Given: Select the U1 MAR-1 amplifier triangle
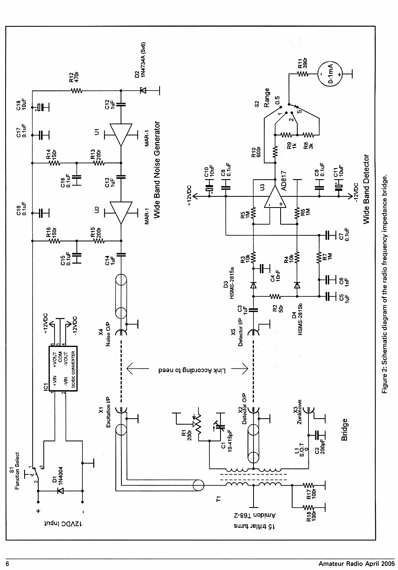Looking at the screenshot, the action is click(121, 135).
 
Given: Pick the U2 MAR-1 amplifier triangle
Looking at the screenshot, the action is click(121, 213).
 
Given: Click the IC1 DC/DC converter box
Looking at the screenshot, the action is click(63, 368).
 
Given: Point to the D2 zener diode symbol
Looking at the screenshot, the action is click(143, 90).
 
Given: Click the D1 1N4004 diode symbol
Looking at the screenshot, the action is click(61, 491).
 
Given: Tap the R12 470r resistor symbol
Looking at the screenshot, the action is click(76, 90).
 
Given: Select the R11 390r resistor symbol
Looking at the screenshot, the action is click(303, 74).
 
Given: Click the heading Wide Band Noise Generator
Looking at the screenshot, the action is click(158, 170).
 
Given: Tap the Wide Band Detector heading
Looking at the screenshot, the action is click(366, 189).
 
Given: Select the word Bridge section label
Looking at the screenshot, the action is click(344, 429).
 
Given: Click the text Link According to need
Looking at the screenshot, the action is click(192, 370).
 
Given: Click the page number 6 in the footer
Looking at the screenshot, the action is click(8, 564).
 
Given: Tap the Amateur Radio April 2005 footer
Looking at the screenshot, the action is click(356, 564).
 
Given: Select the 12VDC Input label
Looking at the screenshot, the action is click(63, 524).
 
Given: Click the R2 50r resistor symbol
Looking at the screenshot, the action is click(275, 296).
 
